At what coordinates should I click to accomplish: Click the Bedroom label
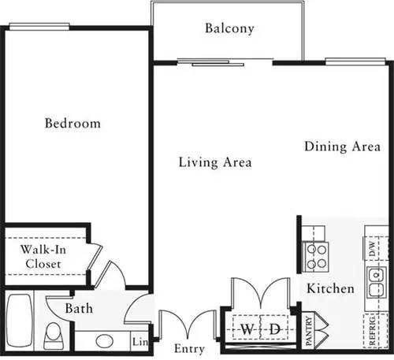[72, 124]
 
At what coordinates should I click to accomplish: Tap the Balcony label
[229, 29]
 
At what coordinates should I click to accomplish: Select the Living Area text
[214, 163]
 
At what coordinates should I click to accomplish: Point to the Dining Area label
[337, 146]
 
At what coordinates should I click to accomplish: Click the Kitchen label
[330, 288]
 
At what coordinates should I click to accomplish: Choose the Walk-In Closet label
[43, 257]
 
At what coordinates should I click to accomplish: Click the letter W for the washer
[247, 328]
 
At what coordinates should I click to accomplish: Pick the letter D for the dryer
[275, 328]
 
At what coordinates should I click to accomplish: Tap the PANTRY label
[309, 332]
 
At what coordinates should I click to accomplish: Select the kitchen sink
[374, 277]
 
